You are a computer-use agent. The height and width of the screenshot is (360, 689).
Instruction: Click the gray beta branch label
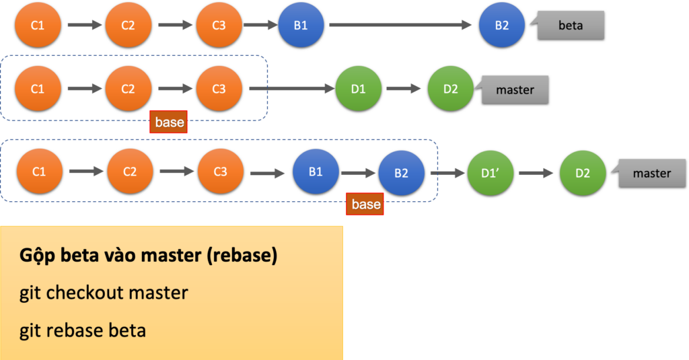[571, 26]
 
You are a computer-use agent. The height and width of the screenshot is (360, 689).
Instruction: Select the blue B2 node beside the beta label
[502, 25]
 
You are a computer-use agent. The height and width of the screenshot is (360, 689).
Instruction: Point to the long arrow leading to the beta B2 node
[400, 25]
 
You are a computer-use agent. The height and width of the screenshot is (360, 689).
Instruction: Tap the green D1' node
[490, 173]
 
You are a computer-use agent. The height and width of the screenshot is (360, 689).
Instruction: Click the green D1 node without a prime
[358, 89]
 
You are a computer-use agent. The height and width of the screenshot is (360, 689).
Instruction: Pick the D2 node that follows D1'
[583, 173]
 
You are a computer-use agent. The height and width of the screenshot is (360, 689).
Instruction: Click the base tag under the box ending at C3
[169, 122]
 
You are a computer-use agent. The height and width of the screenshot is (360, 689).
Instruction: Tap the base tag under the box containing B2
[365, 204]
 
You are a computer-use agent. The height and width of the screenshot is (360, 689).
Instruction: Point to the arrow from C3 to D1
[292, 89]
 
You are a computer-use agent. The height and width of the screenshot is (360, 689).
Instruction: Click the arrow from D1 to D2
[404, 89]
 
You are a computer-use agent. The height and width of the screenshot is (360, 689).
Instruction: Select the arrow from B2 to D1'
[447, 173]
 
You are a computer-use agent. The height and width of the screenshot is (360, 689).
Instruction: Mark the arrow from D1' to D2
[536, 173]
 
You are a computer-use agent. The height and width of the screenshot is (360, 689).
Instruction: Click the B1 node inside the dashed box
[316, 172]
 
